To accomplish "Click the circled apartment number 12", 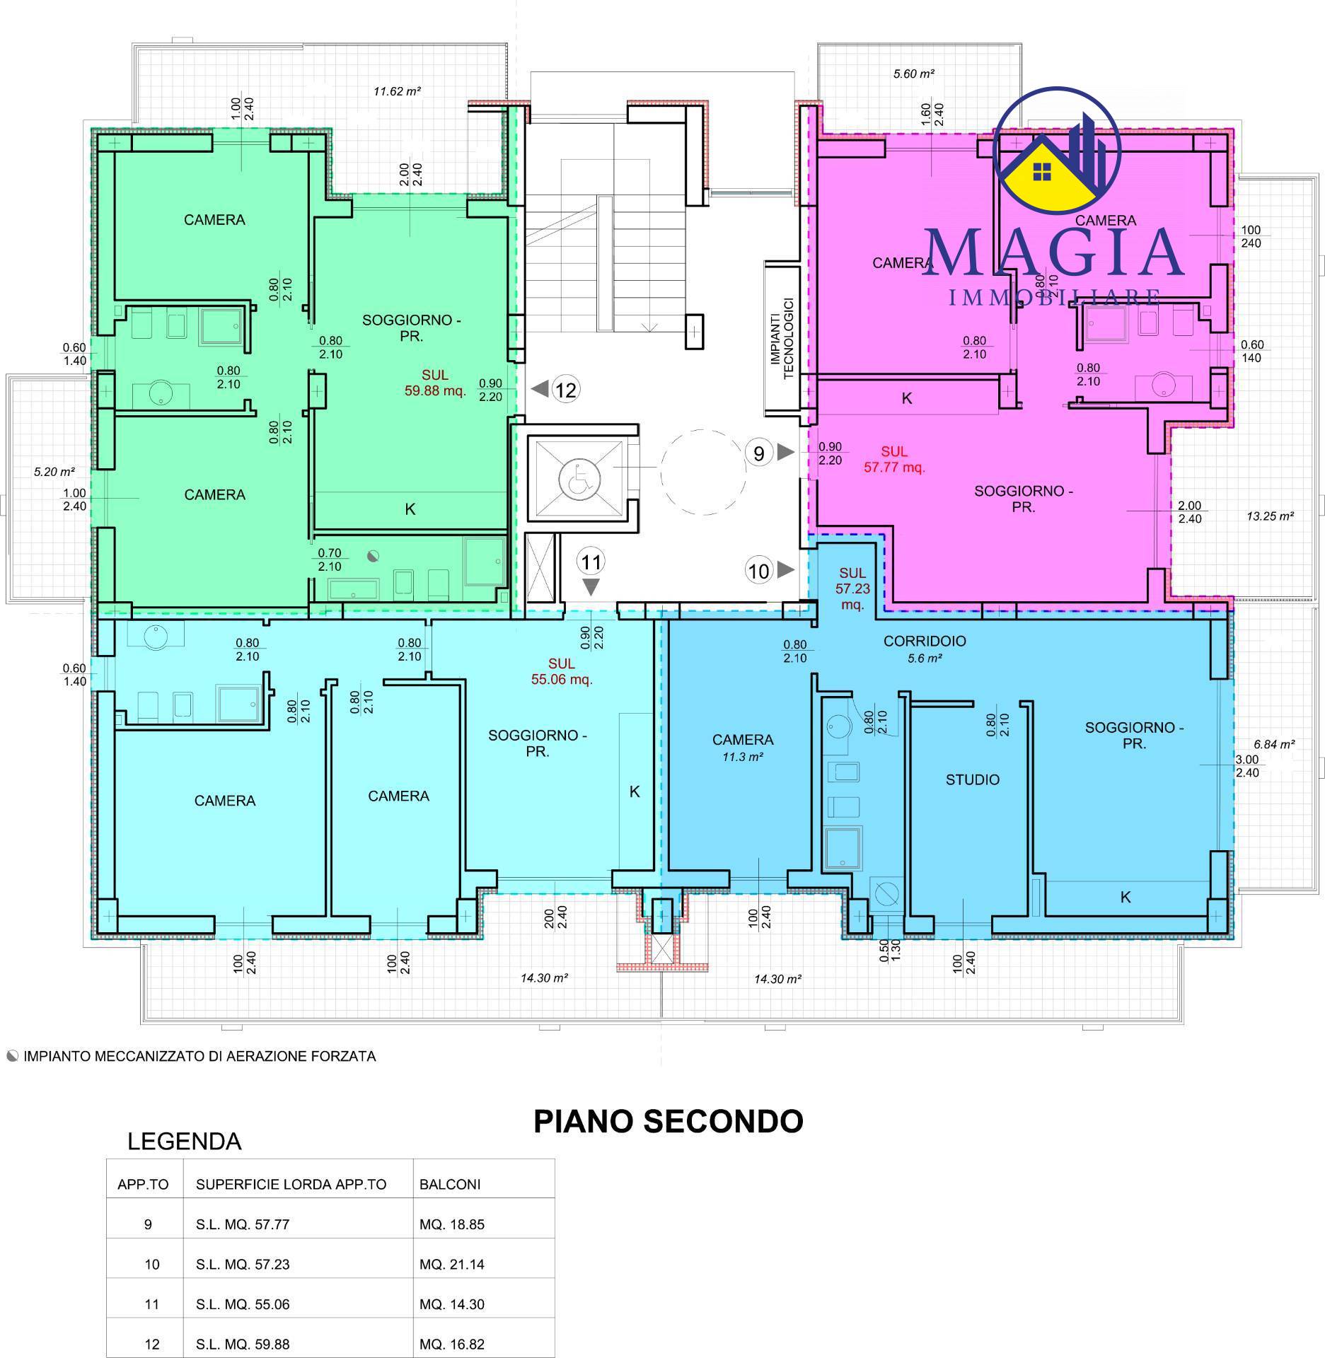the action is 566,389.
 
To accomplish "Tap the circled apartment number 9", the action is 759,453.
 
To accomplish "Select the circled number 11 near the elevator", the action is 591,562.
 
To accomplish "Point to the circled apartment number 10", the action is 759,570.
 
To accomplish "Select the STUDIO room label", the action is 973,779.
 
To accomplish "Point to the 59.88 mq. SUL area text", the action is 434,391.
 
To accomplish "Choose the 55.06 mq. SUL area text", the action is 562,680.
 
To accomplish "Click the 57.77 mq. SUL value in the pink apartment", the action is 894,467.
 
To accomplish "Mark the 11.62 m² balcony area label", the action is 398,91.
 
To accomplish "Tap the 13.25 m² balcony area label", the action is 1270,516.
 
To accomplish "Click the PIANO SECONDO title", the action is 668,1121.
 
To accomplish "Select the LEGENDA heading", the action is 184,1141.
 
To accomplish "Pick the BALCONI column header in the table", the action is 450,1184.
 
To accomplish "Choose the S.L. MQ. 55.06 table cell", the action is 243,1304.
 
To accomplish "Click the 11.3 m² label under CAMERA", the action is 743,757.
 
